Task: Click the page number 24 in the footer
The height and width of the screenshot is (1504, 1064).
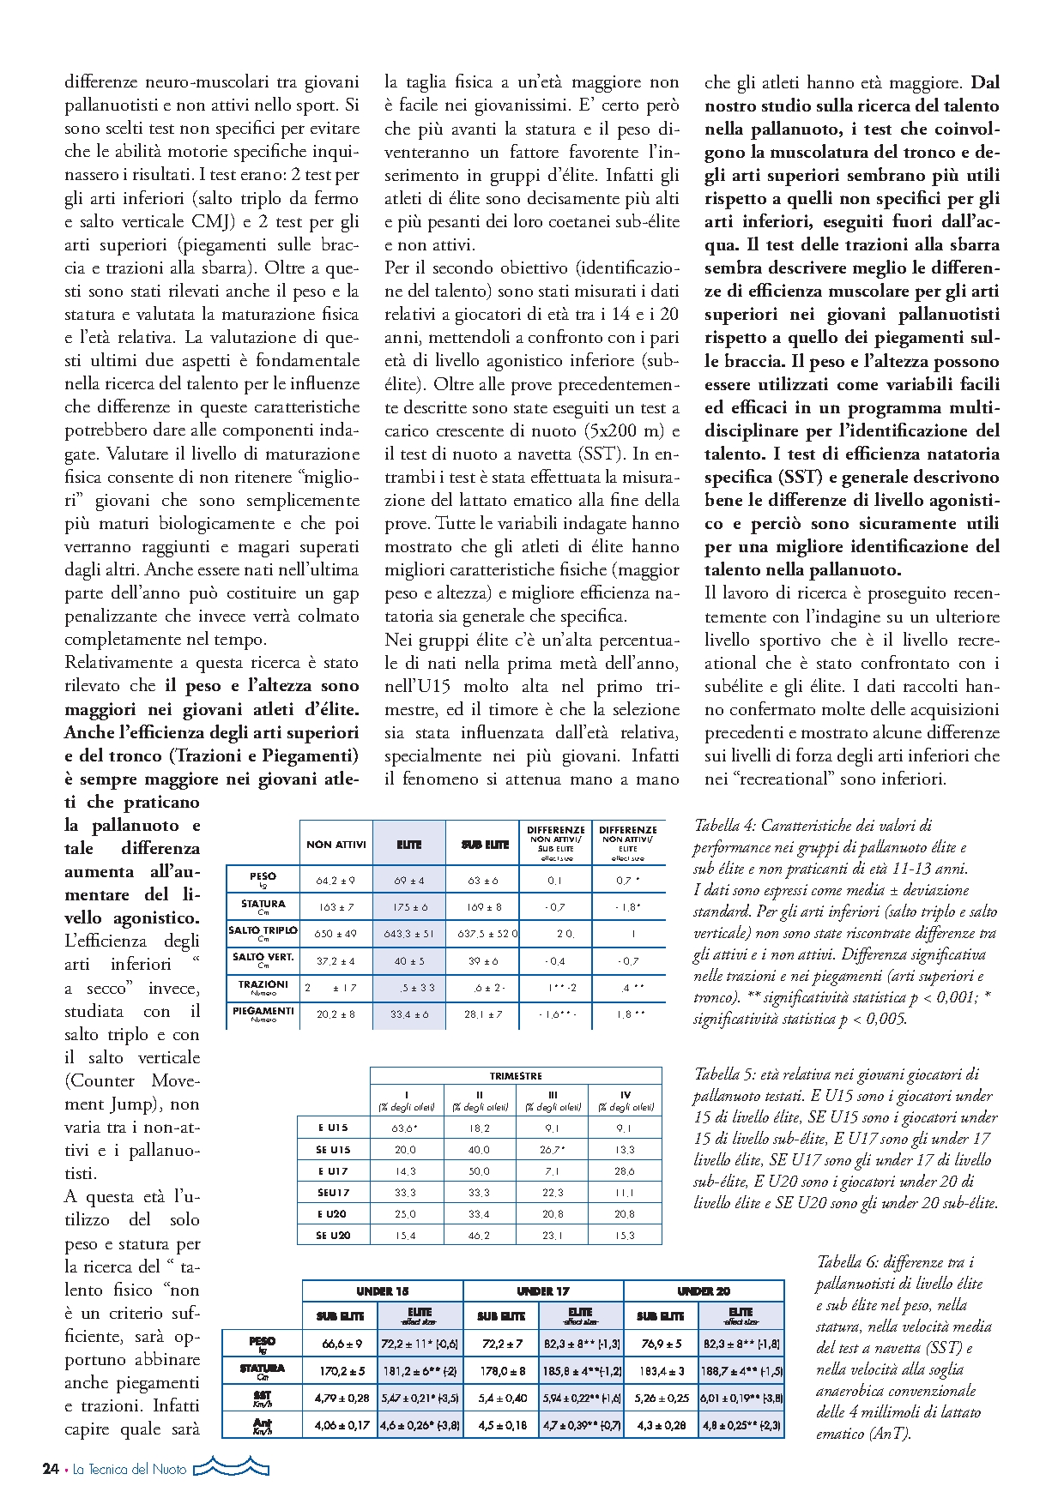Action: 51,1469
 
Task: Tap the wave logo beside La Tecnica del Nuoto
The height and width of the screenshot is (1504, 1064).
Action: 231,1469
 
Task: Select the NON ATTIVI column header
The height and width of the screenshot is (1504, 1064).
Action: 336,845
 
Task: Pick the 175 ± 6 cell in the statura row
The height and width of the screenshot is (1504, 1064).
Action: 409,906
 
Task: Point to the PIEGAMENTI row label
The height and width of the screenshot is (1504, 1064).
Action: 263,1013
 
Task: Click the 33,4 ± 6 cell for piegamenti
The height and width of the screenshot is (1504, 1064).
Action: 409,1014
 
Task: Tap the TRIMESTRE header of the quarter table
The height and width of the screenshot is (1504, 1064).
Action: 516,1075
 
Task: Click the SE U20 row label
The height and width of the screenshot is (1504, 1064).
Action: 333,1236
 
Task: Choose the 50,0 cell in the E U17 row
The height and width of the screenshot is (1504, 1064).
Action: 480,1171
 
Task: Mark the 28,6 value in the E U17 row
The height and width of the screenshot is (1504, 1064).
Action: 625,1171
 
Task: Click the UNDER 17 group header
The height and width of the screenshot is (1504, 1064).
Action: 542,1291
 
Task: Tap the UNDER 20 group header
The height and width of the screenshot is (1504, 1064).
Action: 703,1291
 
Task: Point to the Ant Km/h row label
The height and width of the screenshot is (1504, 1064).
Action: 263,1426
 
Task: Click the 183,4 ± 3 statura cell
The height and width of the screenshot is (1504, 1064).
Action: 662,1371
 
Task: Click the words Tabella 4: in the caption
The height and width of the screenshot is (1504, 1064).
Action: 725,826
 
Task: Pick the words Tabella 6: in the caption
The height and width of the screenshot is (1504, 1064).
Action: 847,1262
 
